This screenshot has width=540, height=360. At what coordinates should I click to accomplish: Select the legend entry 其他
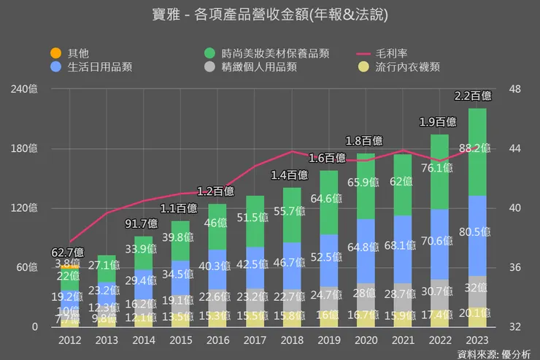(78, 53)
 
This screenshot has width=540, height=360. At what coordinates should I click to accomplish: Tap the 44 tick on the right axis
(514, 149)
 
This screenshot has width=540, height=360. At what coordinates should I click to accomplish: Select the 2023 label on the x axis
(477, 340)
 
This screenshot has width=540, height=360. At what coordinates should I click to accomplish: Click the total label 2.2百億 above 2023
(473, 96)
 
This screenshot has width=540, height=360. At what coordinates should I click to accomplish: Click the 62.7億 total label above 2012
(68, 253)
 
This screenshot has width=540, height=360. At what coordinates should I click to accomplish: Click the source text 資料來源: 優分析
(493, 354)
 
